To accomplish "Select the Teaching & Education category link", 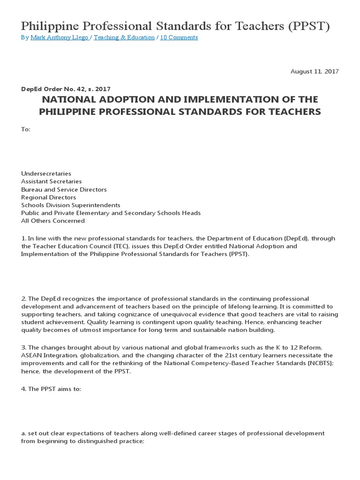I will [x=124, y=37].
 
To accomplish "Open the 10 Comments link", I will [x=179, y=37].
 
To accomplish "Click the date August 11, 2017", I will [x=314, y=71].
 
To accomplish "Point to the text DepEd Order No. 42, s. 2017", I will [x=66, y=89].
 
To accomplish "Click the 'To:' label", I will [x=26, y=129].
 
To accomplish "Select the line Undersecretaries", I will [x=46, y=173].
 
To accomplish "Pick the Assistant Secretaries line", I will [x=51, y=181].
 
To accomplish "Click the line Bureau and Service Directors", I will [x=64, y=189].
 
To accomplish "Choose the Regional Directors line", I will [x=48, y=197].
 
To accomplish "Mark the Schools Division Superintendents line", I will [x=70, y=205].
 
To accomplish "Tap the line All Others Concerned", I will [x=53, y=221].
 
